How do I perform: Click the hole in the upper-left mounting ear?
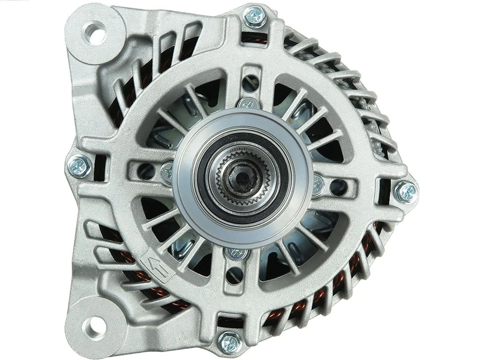point(94,32)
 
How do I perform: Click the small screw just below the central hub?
point(236,254)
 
